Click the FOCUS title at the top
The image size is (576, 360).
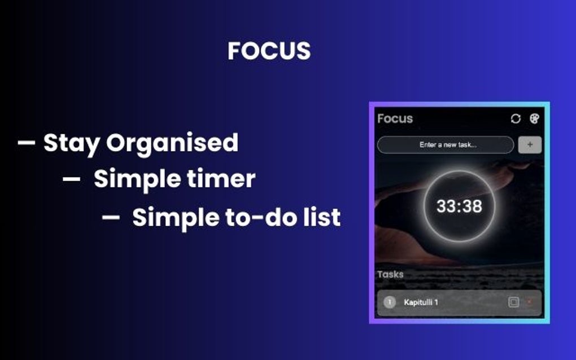point(269,51)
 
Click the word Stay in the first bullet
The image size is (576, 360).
point(72,143)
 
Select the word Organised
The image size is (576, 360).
point(172,144)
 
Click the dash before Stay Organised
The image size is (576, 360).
point(27,143)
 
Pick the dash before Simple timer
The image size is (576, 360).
point(72,179)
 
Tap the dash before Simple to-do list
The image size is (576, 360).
point(111,217)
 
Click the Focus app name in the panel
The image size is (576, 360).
point(395,118)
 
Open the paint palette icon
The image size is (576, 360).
point(534,118)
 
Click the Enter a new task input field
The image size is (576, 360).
point(446,145)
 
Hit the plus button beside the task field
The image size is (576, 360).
point(530,145)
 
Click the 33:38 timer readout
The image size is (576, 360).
point(459,207)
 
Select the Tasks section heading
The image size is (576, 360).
point(390,274)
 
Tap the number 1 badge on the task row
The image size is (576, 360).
point(389,302)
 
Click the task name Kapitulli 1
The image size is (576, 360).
point(421,302)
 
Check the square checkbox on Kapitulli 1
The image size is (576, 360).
point(513,302)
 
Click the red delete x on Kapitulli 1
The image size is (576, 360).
point(529,302)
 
